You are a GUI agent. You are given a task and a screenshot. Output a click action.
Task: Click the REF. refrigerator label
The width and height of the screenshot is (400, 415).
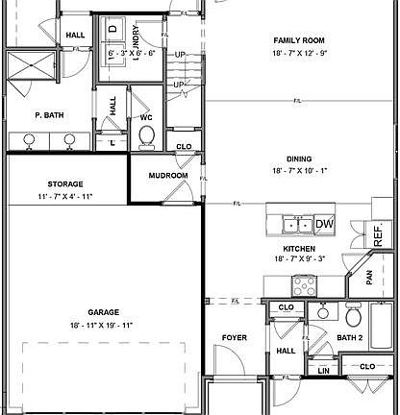tap(378, 232)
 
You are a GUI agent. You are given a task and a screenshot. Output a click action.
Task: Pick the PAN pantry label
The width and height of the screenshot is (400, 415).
tap(370, 278)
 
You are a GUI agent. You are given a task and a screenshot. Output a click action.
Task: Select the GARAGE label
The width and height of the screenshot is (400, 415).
tap(103, 312)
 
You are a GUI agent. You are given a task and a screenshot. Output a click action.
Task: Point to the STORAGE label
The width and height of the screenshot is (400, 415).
tap(65, 183)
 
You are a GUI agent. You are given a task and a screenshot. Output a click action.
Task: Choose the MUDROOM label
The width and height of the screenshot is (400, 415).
tap(166, 177)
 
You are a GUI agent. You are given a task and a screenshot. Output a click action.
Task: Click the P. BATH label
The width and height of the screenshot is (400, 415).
tap(49, 115)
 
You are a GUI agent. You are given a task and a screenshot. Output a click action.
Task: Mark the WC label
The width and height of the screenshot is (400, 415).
tap(147, 117)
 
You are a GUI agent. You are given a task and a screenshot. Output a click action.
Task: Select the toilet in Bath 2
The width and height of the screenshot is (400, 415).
tap(352, 315)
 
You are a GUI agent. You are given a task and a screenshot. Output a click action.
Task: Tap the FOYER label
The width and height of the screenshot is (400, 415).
tap(235, 338)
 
